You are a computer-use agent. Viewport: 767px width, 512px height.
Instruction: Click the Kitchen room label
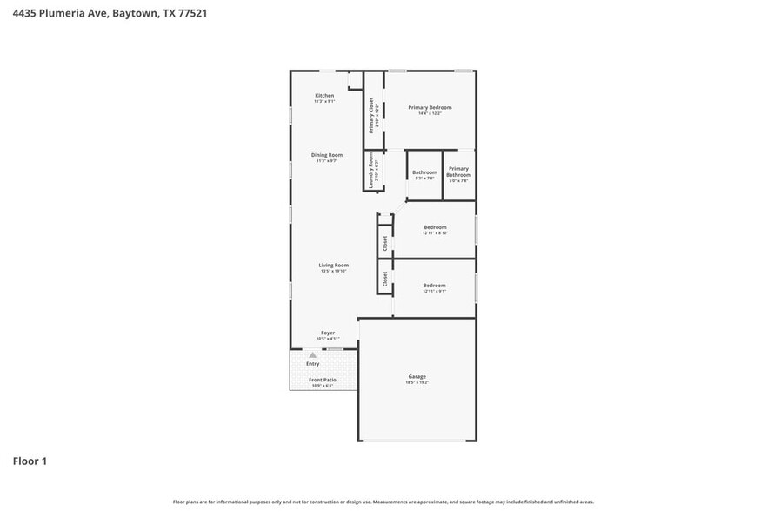click(324, 96)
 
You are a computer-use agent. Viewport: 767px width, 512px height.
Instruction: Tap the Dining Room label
click(327, 155)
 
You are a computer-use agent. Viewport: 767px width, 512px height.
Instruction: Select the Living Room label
click(333, 265)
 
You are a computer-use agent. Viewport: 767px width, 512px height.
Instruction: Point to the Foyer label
click(328, 333)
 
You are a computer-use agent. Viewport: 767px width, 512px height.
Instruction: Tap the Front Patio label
click(323, 380)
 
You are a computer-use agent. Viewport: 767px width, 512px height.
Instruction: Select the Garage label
click(417, 376)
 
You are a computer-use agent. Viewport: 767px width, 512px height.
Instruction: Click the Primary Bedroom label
click(430, 107)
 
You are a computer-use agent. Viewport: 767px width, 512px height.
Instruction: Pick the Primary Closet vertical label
click(371, 115)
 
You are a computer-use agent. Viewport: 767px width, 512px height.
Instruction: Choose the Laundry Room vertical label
click(371, 171)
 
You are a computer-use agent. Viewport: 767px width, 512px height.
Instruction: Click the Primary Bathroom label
click(458, 172)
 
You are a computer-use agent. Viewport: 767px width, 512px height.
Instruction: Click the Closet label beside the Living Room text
click(385, 279)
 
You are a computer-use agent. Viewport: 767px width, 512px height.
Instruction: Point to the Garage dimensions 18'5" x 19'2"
click(417, 383)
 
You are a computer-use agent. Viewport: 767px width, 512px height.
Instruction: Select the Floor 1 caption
click(30, 461)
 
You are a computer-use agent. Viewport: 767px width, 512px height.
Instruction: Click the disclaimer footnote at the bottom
click(383, 502)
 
